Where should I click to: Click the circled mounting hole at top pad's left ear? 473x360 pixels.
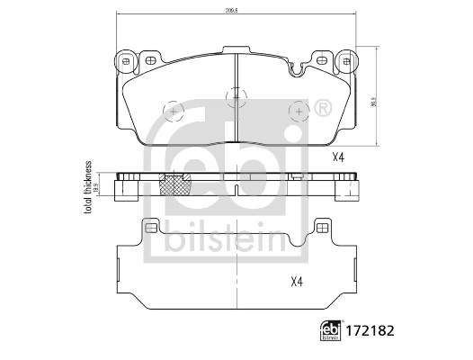point(126,62)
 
